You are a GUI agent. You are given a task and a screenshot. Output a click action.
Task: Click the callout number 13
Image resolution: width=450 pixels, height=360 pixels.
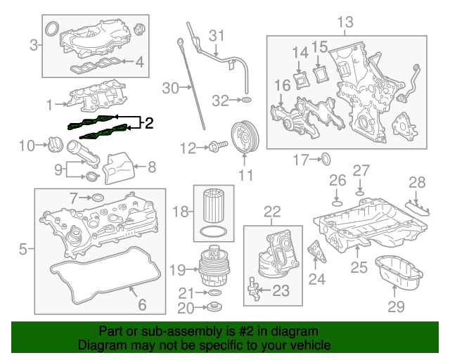click(345, 22)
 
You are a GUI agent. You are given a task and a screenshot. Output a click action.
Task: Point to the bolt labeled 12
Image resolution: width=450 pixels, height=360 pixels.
click(215, 147)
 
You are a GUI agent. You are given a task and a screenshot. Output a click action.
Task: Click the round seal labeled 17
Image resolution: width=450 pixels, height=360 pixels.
click(326, 160)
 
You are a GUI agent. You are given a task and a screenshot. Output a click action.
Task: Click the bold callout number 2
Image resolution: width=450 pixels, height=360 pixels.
click(148, 124)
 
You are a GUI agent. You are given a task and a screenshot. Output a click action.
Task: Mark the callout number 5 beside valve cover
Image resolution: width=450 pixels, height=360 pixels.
click(22, 248)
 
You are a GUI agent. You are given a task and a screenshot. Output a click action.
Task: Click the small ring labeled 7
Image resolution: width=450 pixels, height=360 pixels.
click(98, 198)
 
